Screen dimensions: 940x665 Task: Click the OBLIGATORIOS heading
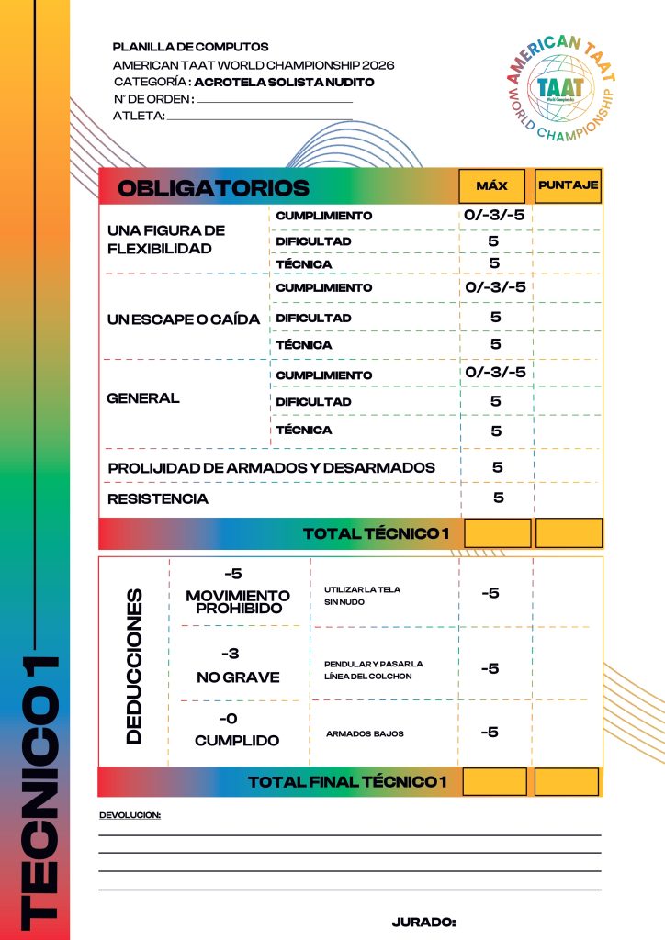click(x=214, y=188)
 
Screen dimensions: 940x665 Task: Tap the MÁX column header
click(x=492, y=185)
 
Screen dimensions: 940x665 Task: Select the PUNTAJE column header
click(x=569, y=185)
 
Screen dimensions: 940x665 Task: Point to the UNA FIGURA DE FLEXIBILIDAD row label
click(x=166, y=240)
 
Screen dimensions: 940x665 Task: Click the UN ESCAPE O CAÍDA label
click(x=184, y=319)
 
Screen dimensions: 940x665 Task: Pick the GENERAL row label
click(x=143, y=399)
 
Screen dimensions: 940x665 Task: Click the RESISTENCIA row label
click(x=158, y=499)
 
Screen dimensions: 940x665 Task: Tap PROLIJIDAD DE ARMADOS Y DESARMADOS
click(x=271, y=468)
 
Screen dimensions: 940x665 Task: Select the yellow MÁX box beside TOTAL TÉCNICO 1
click(x=498, y=533)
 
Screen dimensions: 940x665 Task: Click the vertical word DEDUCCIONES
click(x=134, y=666)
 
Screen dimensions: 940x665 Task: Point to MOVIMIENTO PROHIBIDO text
click(x=238, y=602)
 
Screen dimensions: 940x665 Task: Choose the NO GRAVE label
click(x=238, y=677)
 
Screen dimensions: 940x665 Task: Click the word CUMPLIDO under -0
click(x=237, y=740)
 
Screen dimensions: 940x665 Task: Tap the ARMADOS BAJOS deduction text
click(x=365, y=733)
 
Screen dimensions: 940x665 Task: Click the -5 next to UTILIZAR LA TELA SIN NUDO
click(x=490, y=593)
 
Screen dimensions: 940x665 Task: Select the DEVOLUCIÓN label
click(x=130, y=815)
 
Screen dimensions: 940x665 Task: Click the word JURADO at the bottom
click(x=423, y=922)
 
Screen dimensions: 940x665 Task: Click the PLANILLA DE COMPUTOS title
click(x=190, y=47)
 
